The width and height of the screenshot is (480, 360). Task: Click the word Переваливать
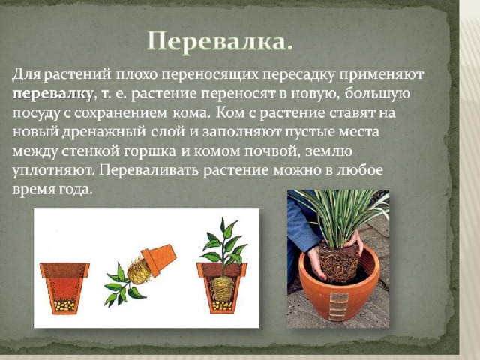point(149,170)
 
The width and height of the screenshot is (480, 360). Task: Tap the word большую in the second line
point(377,94)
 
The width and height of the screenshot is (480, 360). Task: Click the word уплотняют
point(53,171)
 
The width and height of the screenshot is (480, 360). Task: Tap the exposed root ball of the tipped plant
point(139,271)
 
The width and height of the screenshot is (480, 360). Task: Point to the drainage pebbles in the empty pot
point(64,305)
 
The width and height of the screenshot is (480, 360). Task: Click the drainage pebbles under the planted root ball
point(222,305)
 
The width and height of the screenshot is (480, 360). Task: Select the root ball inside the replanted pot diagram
point(222,288)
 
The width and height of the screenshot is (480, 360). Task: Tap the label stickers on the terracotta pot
point(339,307)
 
